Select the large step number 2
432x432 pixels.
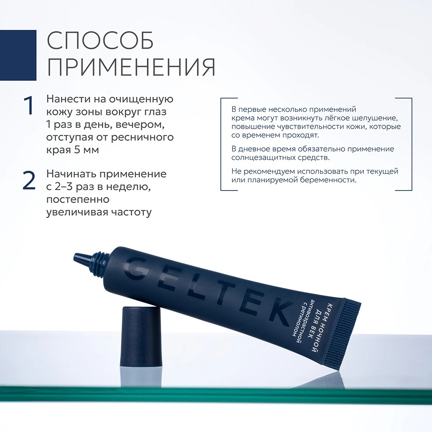29,181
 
